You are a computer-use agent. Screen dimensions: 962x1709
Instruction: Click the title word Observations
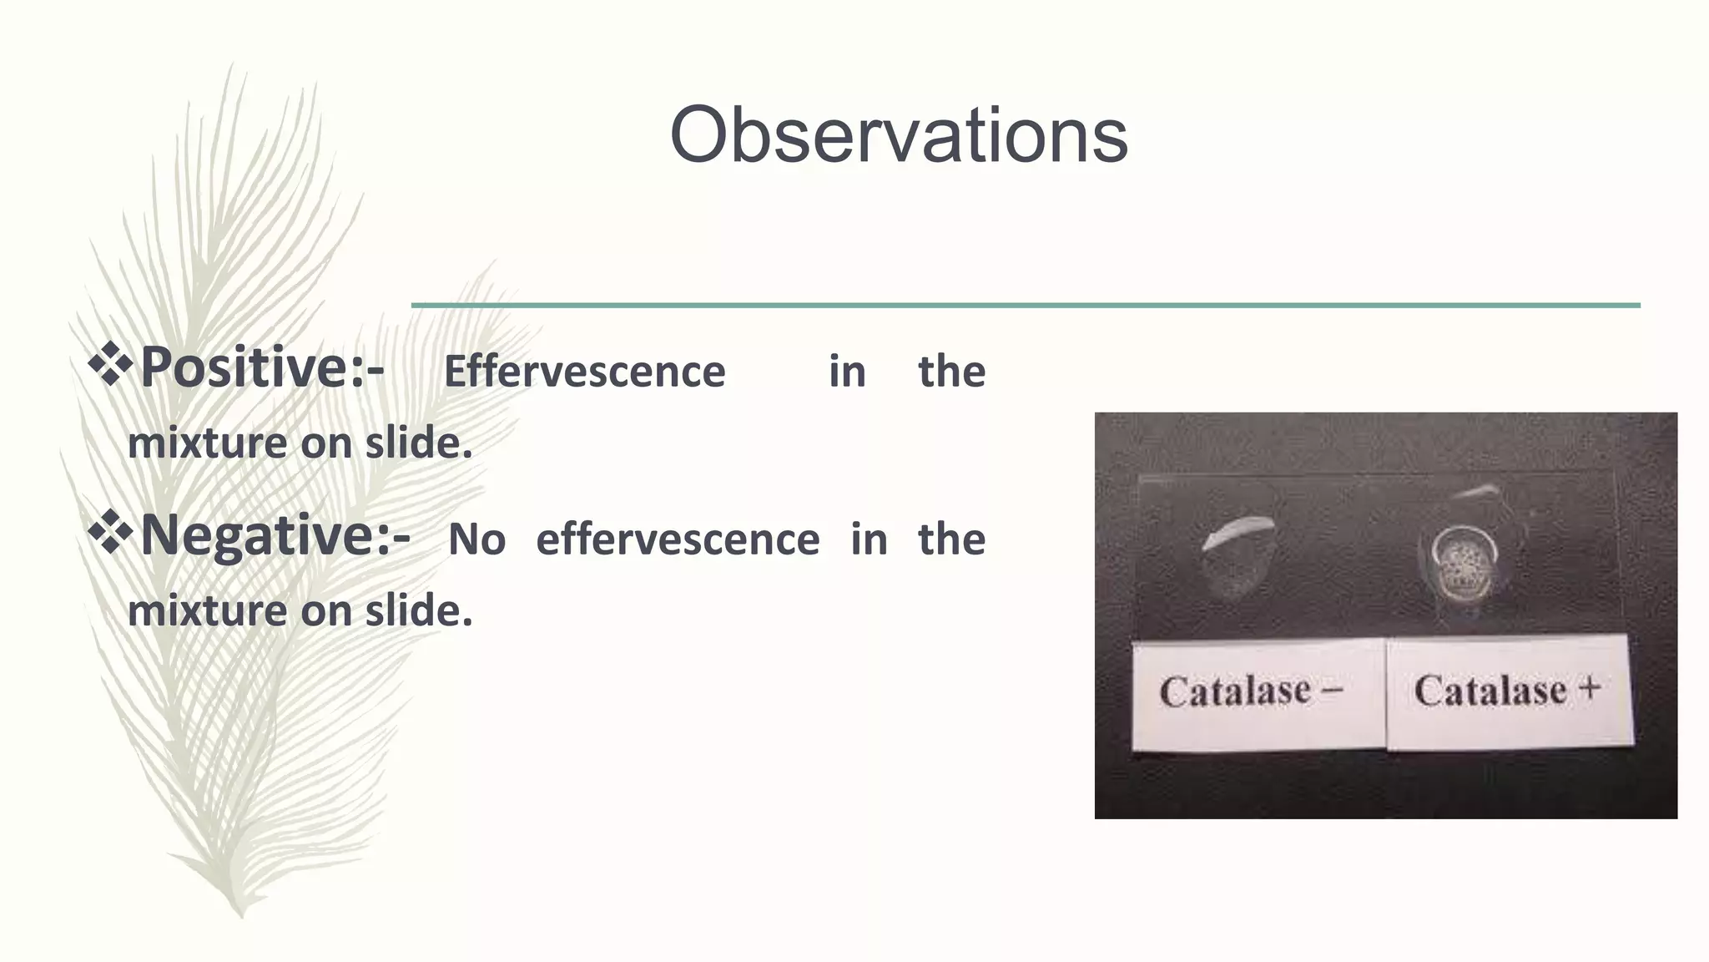pos(899,135)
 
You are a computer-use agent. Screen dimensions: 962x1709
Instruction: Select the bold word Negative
pos(256,535)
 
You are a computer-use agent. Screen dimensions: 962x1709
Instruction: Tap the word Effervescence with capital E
pos(584,372)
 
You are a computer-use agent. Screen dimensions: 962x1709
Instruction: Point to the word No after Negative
pos(476,540)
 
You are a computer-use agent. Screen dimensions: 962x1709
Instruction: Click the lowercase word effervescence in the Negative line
pos(677,540)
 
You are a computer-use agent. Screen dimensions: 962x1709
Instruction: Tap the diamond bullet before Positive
pos(111,364)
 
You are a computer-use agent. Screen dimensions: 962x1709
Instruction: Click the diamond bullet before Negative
pos(111,532)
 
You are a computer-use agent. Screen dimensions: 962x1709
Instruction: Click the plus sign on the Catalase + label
pos(1590,688)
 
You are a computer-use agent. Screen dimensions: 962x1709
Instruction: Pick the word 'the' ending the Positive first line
pos(951,372)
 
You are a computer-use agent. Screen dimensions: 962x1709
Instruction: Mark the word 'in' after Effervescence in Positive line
pos(846,372)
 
